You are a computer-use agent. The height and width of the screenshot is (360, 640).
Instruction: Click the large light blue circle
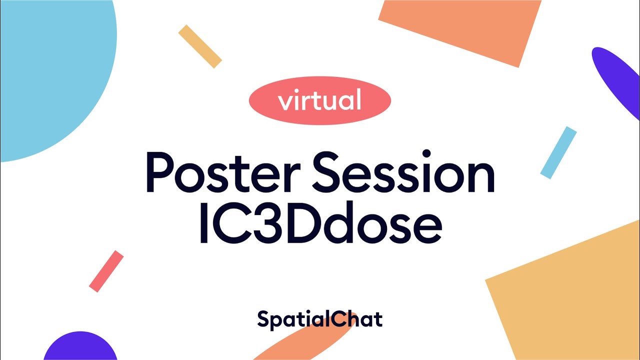click(50, 70)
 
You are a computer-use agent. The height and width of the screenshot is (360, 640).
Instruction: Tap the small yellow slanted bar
click(200, 46)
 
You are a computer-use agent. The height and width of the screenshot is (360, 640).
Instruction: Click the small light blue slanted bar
click(558, 152)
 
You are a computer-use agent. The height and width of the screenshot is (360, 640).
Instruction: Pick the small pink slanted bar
click(106, 271)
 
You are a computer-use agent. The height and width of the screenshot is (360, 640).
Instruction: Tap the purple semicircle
click(80, 347)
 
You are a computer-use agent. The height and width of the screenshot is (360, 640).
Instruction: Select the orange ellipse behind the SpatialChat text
click(295, 345)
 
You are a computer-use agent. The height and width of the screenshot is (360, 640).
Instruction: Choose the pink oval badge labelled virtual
click(320, 100)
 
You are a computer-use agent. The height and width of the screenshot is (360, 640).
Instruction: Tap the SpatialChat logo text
click(320, 319)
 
